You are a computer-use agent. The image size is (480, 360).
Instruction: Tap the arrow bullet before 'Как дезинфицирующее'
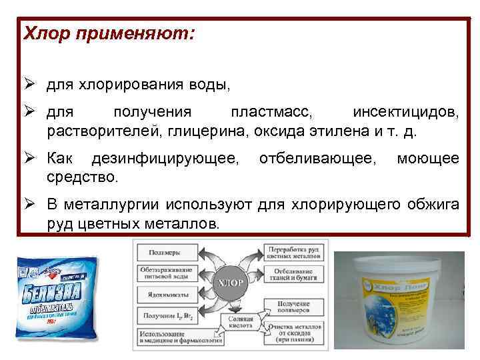coord(31,159)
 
